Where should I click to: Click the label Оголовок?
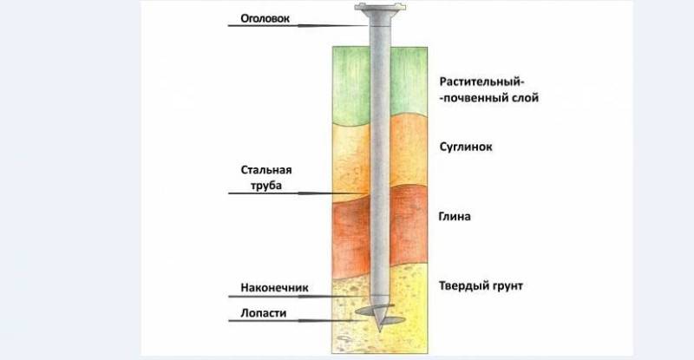[x=265, y=18]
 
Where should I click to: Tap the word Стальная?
[x=266, y=170]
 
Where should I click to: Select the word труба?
[x=266, y=186]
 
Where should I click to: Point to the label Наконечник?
[x=274, y=287]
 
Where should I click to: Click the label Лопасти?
[x=264, y=313]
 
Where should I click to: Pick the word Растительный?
[x=481, y=82]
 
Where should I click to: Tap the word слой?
[x=525, y=97]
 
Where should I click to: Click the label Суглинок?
[x=466, y=147]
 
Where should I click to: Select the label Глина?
[x=455, y=217]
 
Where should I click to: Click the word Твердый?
[x=462, y=285]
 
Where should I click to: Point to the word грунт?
[x=506, y=286]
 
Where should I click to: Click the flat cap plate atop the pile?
[x=380, y=7]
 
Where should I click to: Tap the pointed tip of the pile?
[x=380, y=330]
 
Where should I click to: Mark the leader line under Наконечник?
[x=298, y=296]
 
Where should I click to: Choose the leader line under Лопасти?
[x=291, y=320]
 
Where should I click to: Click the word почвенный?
[x=475, y=98]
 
